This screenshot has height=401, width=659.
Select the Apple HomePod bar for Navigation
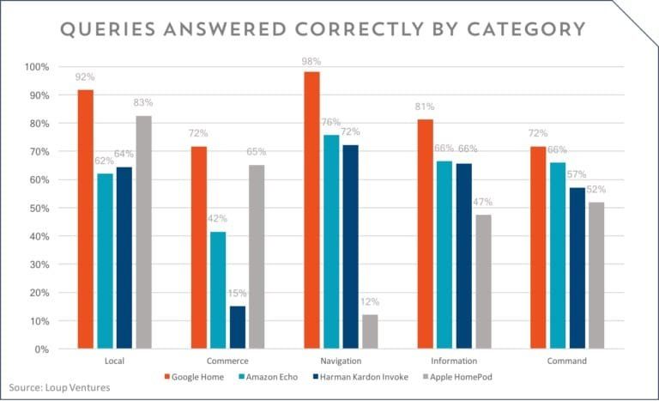pyautogui.click(x=370, y=331)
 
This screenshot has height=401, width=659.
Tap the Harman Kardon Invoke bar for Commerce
pyautogui.click(x=238, y=327)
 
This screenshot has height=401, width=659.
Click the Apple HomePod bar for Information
pyautogui.click(x=483, y=282)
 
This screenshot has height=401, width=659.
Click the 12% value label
pyautogui.click(x=370, y=302)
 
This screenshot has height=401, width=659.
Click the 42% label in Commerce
pyautogui.click(x=218, y=219)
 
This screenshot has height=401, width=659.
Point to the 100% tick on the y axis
pyautogui.click(x=38, y=67)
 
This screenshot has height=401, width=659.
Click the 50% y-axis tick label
pyautogui.click(x=40, y=208)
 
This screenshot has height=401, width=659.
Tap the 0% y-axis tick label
pyautogui.click(x=43, y=349)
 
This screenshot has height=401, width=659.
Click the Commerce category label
pyautogui.click(x=227, y=361)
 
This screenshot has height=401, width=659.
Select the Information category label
pyautogui.click(x=454, y=361)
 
